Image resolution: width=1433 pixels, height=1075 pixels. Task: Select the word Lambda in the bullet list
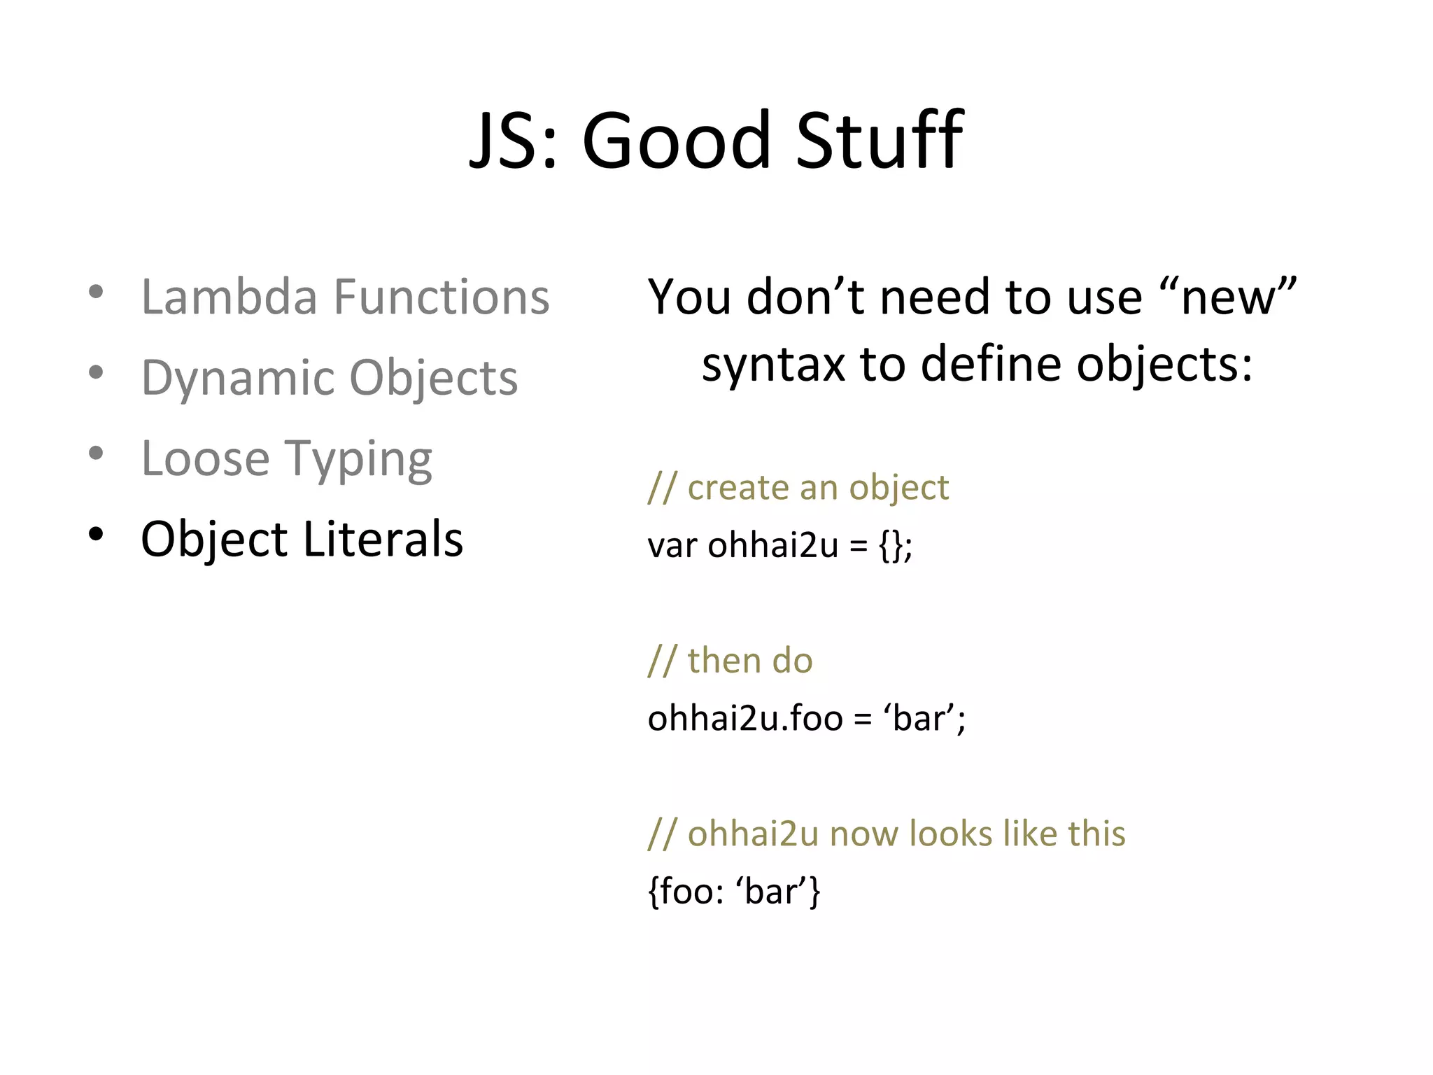230,297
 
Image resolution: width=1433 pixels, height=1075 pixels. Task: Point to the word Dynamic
238,378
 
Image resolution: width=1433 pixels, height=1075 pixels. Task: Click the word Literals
383,539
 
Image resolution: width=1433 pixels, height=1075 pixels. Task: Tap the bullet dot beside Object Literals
97,535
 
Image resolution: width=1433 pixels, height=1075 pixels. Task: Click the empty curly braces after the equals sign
891,545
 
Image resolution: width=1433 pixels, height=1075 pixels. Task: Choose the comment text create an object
818,487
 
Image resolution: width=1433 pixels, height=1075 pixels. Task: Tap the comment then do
749,660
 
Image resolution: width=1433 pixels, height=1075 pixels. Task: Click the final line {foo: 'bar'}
734,892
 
